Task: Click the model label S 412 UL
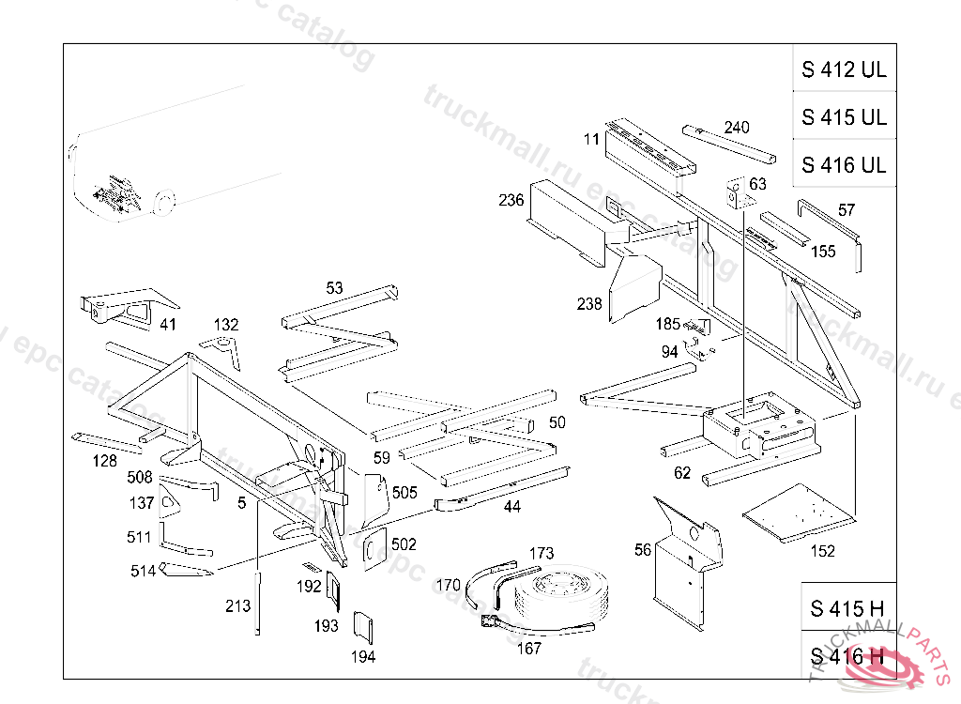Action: [844, 69]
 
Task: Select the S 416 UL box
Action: [844, 165]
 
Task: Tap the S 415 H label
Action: [847, 608]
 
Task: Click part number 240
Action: [738, 128]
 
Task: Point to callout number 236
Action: [511, 200]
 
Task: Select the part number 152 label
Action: [822, 551]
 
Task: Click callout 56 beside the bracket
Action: [643, 550]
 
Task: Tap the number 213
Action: [238, 606]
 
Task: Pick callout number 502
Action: [404, 544]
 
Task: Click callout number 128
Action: [105, 461]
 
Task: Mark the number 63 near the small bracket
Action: [757, 184]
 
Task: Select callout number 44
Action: [511, 507]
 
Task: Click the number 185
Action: [667, 324]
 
